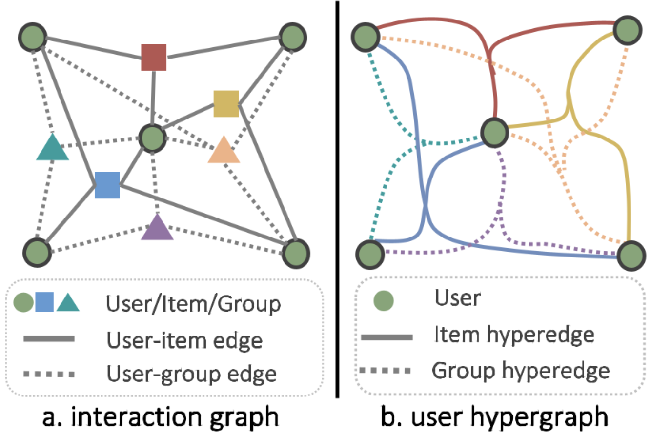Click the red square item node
[x=154, y=57]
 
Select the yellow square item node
[x=226, y=104]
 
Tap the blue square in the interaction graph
[x=107, y=185]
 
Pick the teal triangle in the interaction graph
[x=52, y=148]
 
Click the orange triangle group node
[x=224, y=151]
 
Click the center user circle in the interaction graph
[x=153, y=138]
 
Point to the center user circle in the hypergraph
[x=495, y=132]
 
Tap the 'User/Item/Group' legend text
[x=193, y=305]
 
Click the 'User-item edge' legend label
[x=184, y=340]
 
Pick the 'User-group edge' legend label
[x=191, y=374]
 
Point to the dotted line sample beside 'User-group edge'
[x=49, y=375]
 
